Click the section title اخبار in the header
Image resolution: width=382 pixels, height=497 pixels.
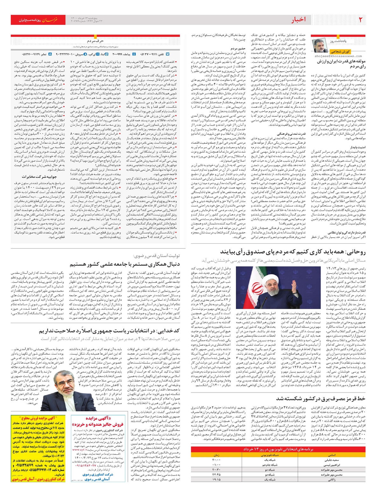[x=298, y=20]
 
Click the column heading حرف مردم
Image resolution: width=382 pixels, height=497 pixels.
[x=95, y=41]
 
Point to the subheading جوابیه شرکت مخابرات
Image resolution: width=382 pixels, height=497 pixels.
[x=39, y=176]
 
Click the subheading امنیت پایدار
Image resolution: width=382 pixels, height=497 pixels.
[x=358, y=148]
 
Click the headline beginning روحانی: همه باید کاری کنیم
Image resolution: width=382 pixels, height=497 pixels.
[x=296, y=252]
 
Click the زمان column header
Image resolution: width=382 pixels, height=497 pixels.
[x=216, y=455]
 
